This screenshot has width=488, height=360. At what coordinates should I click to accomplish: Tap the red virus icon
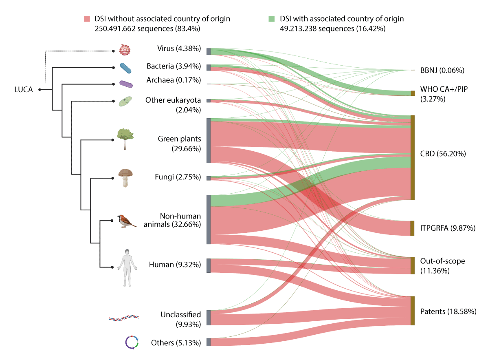pos(124,50)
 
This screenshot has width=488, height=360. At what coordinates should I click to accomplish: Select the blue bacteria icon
pos(125,68)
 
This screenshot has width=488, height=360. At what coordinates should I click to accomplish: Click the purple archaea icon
pos(126,84)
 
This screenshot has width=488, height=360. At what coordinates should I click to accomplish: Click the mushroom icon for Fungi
pos(125,177)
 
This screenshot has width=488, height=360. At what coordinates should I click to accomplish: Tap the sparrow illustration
pos(126,221)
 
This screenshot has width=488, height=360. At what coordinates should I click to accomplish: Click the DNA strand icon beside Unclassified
pos(124,317)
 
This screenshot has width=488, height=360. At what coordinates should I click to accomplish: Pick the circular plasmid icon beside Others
pos(132,342)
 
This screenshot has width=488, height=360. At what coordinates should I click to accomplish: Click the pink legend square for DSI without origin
pos(87,19)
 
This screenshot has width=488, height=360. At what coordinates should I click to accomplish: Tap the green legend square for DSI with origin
pos(271,19)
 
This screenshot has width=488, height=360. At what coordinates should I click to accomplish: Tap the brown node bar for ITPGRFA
pos(412,228)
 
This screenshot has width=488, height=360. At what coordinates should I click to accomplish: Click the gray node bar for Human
pos(209,265)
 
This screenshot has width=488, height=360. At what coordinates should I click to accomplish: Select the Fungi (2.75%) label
pos(178,177)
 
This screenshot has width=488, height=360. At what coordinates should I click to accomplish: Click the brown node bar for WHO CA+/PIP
pos(413,93)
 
